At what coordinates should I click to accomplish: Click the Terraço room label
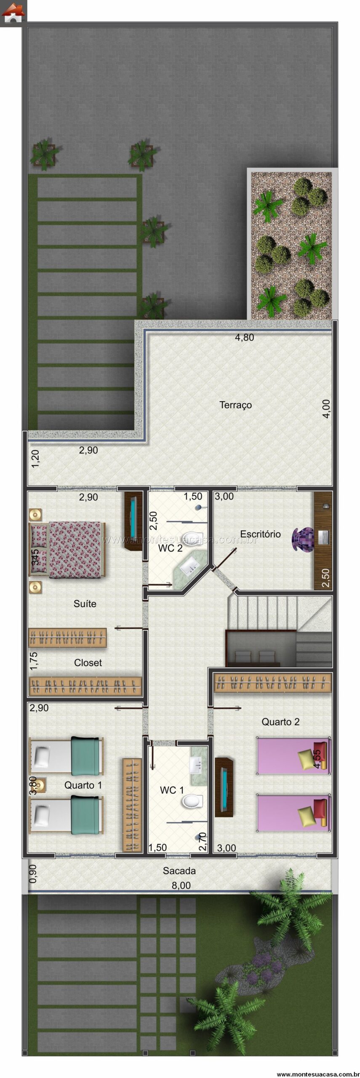click(x=235, y=405)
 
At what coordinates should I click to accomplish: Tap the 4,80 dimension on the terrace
click(x=244, y=337)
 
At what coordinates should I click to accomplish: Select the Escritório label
click(x=260, y=534)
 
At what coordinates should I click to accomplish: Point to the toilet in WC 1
click(x=192, y=800)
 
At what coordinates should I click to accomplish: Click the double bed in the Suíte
click(x=67, y=550)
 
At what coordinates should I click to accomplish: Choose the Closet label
click(x=88, y=662)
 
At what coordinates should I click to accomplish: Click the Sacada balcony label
click(x=179, y=870)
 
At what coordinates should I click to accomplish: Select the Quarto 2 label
click(x=280, y=722)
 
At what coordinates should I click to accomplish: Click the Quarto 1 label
click(x=83, y=785)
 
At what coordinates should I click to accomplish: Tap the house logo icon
click(x=13, y=13)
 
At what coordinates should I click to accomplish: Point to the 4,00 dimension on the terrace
click(x=326, y=408)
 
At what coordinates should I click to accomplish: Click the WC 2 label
click(x=170, y=548)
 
